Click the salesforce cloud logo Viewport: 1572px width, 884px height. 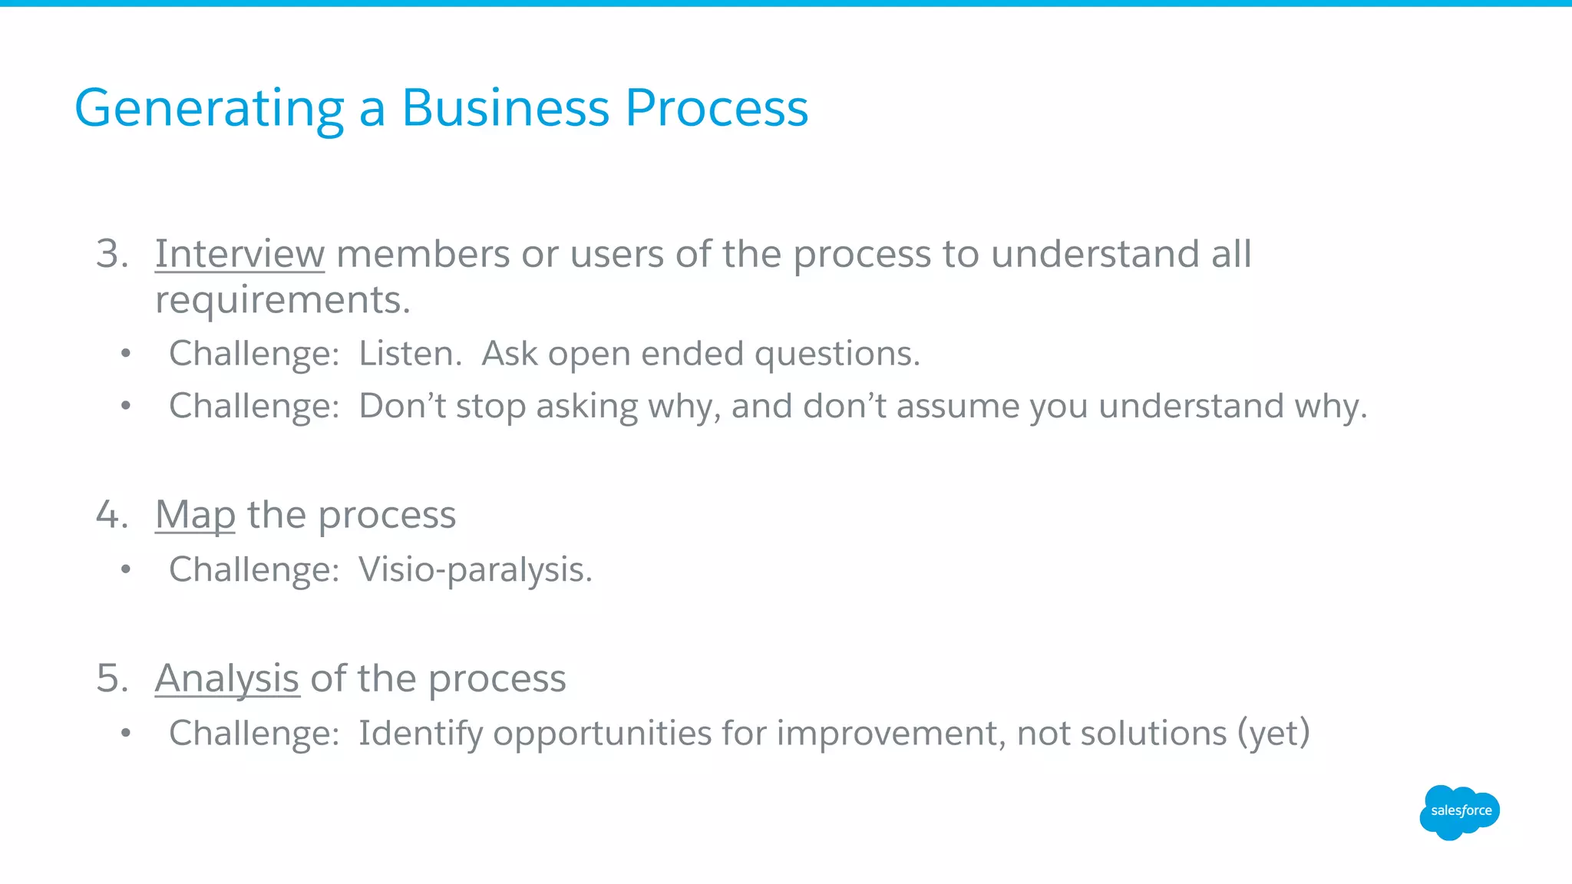(x=1459, y=812)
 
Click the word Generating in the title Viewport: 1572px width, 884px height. (x=209, y=109)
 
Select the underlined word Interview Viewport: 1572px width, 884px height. (x=239, y=254)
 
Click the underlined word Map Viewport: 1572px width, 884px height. (x=195, y=515)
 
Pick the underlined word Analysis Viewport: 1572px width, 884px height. (x=226, y=679)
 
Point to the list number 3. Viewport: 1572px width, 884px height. (x=111, y=254)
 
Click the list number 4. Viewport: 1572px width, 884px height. (x=111, y=515)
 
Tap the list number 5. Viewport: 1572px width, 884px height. (x=111, y=679)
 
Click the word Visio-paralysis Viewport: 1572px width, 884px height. (x=475, y=570)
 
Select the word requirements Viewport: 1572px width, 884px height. (x=282, y=300)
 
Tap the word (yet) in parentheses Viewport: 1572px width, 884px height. (x=1273, y=734)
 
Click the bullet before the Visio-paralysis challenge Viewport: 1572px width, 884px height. (x=126, y=570)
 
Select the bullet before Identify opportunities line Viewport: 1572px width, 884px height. (x=126, y=734)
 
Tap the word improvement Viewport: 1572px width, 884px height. (x=890, y=734)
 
